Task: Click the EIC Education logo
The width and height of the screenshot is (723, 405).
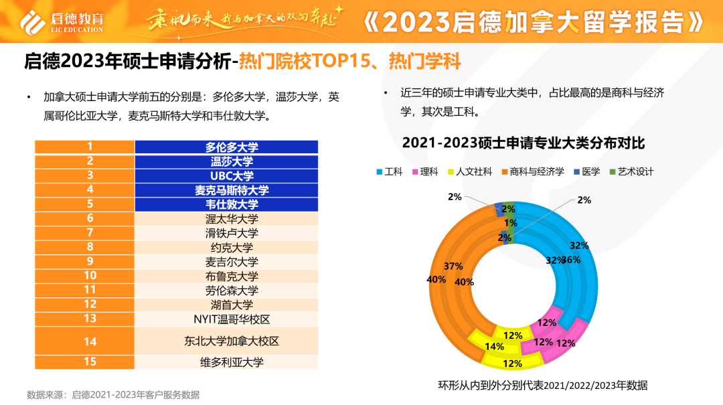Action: pyautogui.click(x=62, y=21)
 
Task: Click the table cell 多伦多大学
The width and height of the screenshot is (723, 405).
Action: pyautogui.click(x=226, y=147)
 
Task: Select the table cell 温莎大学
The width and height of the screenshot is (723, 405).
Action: pyautogui.click(x=226, y=161)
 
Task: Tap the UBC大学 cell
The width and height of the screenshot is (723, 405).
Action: pyautogui.click(x=226, y=176)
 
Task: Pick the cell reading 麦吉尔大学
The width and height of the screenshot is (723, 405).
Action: pyautogui.click(x=226, y=262)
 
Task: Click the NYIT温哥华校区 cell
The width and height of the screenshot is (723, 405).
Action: pyautogui.click(x=226, y=319)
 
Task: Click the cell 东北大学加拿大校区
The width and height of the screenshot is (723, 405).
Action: pyautogui.click(x=226, y=341)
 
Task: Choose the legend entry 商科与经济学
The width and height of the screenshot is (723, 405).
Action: pyautogui.click(x=532, y=171)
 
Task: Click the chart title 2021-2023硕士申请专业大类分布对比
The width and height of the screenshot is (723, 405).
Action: pyautogui.click(x=523, y=143)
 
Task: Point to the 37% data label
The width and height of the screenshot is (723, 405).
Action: pyautogui.click(x=453, y=266)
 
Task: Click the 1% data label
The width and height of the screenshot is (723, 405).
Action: pyautogui.click(x=511, y=222)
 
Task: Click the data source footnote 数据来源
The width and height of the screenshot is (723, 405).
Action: pyautogui.click(x=112, y=394)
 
